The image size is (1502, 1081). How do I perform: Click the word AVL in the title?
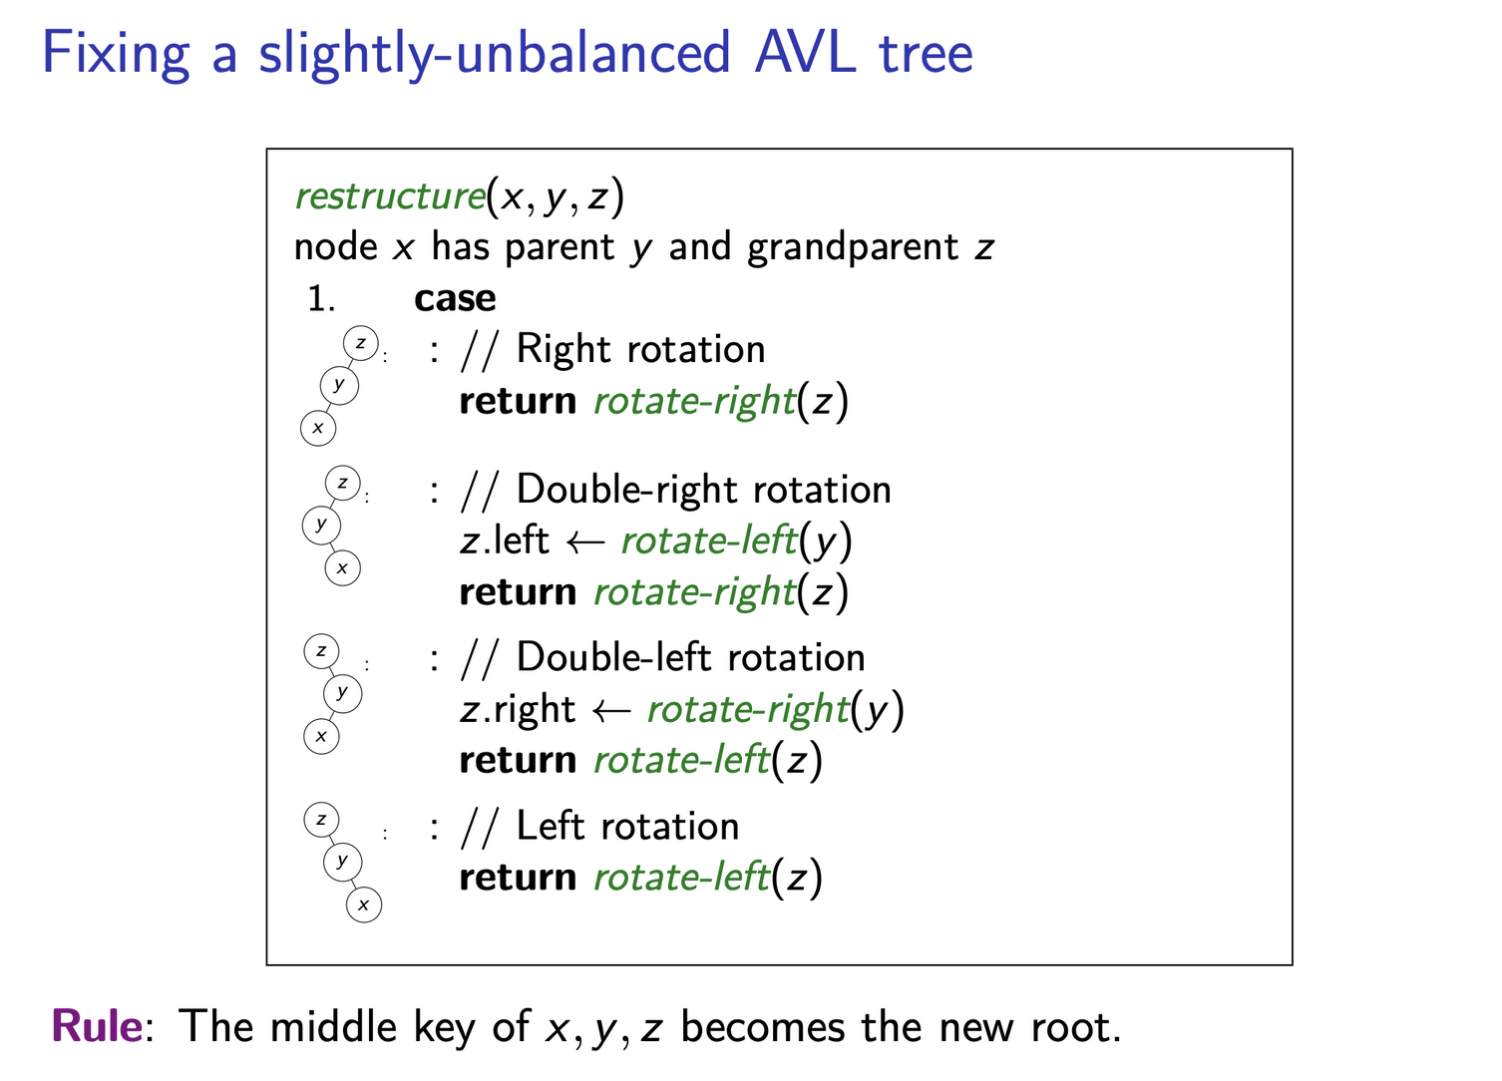(x=804, y=53)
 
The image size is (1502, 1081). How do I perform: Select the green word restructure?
(x=389, y=195)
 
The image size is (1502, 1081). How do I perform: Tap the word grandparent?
(x=853, y=246)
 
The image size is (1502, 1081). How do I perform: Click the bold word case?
(x=455, y=298)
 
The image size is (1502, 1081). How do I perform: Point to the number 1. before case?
(x=321, y=298)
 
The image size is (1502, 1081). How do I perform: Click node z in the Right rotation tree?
(x=360, y=343)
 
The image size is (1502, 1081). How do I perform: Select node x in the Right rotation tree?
(x=318, y=428)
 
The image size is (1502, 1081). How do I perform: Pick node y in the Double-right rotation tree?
(x=320, y=524)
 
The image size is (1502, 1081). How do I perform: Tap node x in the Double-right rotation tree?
(x=342, y=568)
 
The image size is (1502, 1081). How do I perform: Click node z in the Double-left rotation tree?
(x=321, y=652)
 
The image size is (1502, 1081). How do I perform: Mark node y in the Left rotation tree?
(x=342, y=861)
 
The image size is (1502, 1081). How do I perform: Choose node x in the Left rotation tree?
(x=364, y=904)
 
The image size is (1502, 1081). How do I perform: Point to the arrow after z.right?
(x=610, y=710)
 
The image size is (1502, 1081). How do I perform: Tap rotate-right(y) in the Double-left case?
(x=774, y=709)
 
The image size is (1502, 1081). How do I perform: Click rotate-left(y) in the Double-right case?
(x=736, y=540)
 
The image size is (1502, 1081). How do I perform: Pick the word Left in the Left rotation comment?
(x=549, y=827)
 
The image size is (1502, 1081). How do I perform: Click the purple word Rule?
(x=97, y=1026)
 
